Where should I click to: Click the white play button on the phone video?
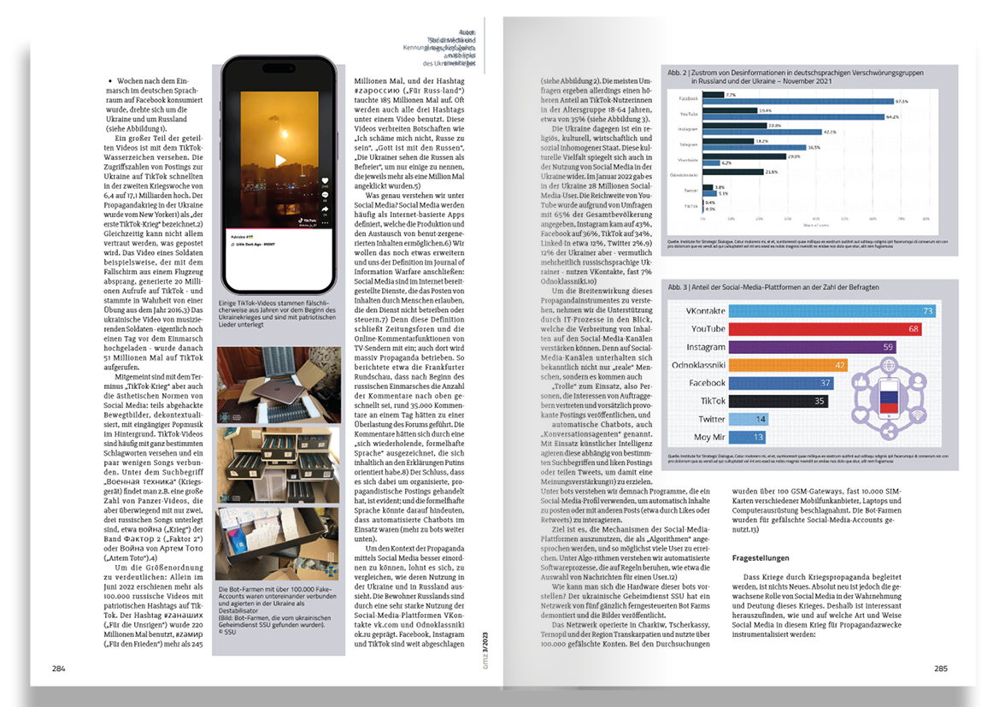tap(279, 161)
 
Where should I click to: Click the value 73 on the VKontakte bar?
tap(926, 311)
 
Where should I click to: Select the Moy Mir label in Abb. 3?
tap(710, 437)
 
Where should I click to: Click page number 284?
tap(59, 668)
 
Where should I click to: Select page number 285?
tap(940, 668)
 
